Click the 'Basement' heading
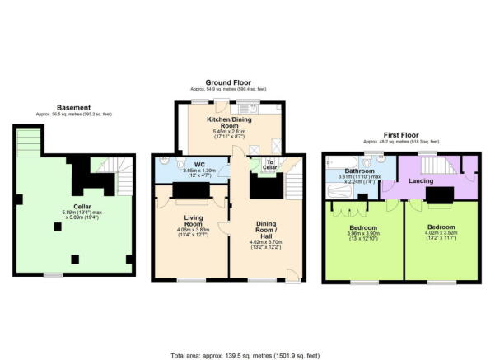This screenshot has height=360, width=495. pyautogui.click(x=73, y=107)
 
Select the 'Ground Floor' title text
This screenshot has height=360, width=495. pyautogui.click(x=228, y=82)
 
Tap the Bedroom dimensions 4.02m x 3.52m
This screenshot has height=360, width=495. pyautogui.click(x=440, y=236)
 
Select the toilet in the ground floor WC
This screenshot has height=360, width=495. pyautogui.click(x=167, y=163)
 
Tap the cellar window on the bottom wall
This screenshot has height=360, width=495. pyautogui.click(x=54, y=274)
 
